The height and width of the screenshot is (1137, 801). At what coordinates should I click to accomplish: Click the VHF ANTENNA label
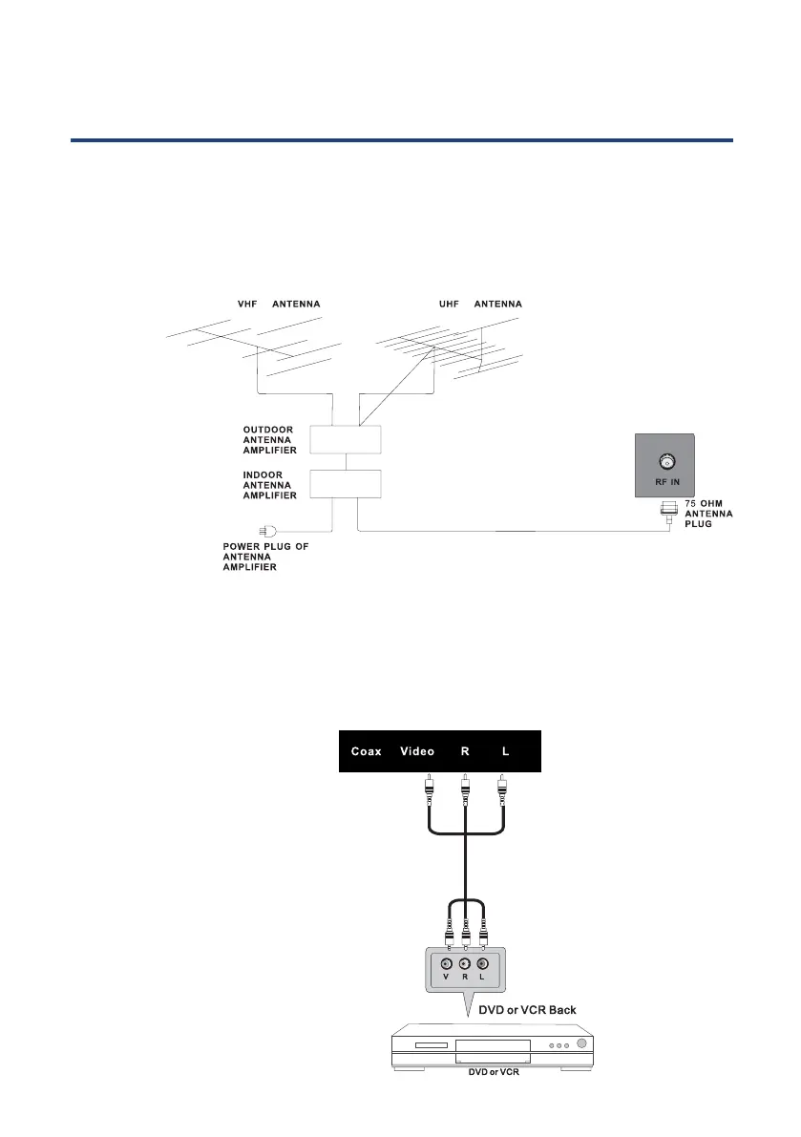[278, 305]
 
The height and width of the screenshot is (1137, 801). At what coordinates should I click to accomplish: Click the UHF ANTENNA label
[479, 305]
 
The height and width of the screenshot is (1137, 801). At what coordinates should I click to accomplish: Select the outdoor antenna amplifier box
[346, 439]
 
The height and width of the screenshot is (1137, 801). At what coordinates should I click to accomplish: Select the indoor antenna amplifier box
[346, 484]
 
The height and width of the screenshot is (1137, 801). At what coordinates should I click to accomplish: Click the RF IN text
[665, 483]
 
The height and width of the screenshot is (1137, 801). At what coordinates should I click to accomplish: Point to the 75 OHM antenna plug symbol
[667, 512]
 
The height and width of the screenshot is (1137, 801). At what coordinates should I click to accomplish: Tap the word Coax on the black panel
[366, 751]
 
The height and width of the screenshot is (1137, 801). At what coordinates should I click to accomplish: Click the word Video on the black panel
[416, 751]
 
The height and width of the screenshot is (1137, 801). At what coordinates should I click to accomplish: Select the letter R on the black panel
[465, 751]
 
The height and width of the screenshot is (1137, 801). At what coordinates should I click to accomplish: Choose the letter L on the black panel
[505, 751]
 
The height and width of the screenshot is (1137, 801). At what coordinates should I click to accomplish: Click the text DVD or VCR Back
[527, 1009]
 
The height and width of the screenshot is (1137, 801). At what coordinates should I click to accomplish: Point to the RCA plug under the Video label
[430, 789]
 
